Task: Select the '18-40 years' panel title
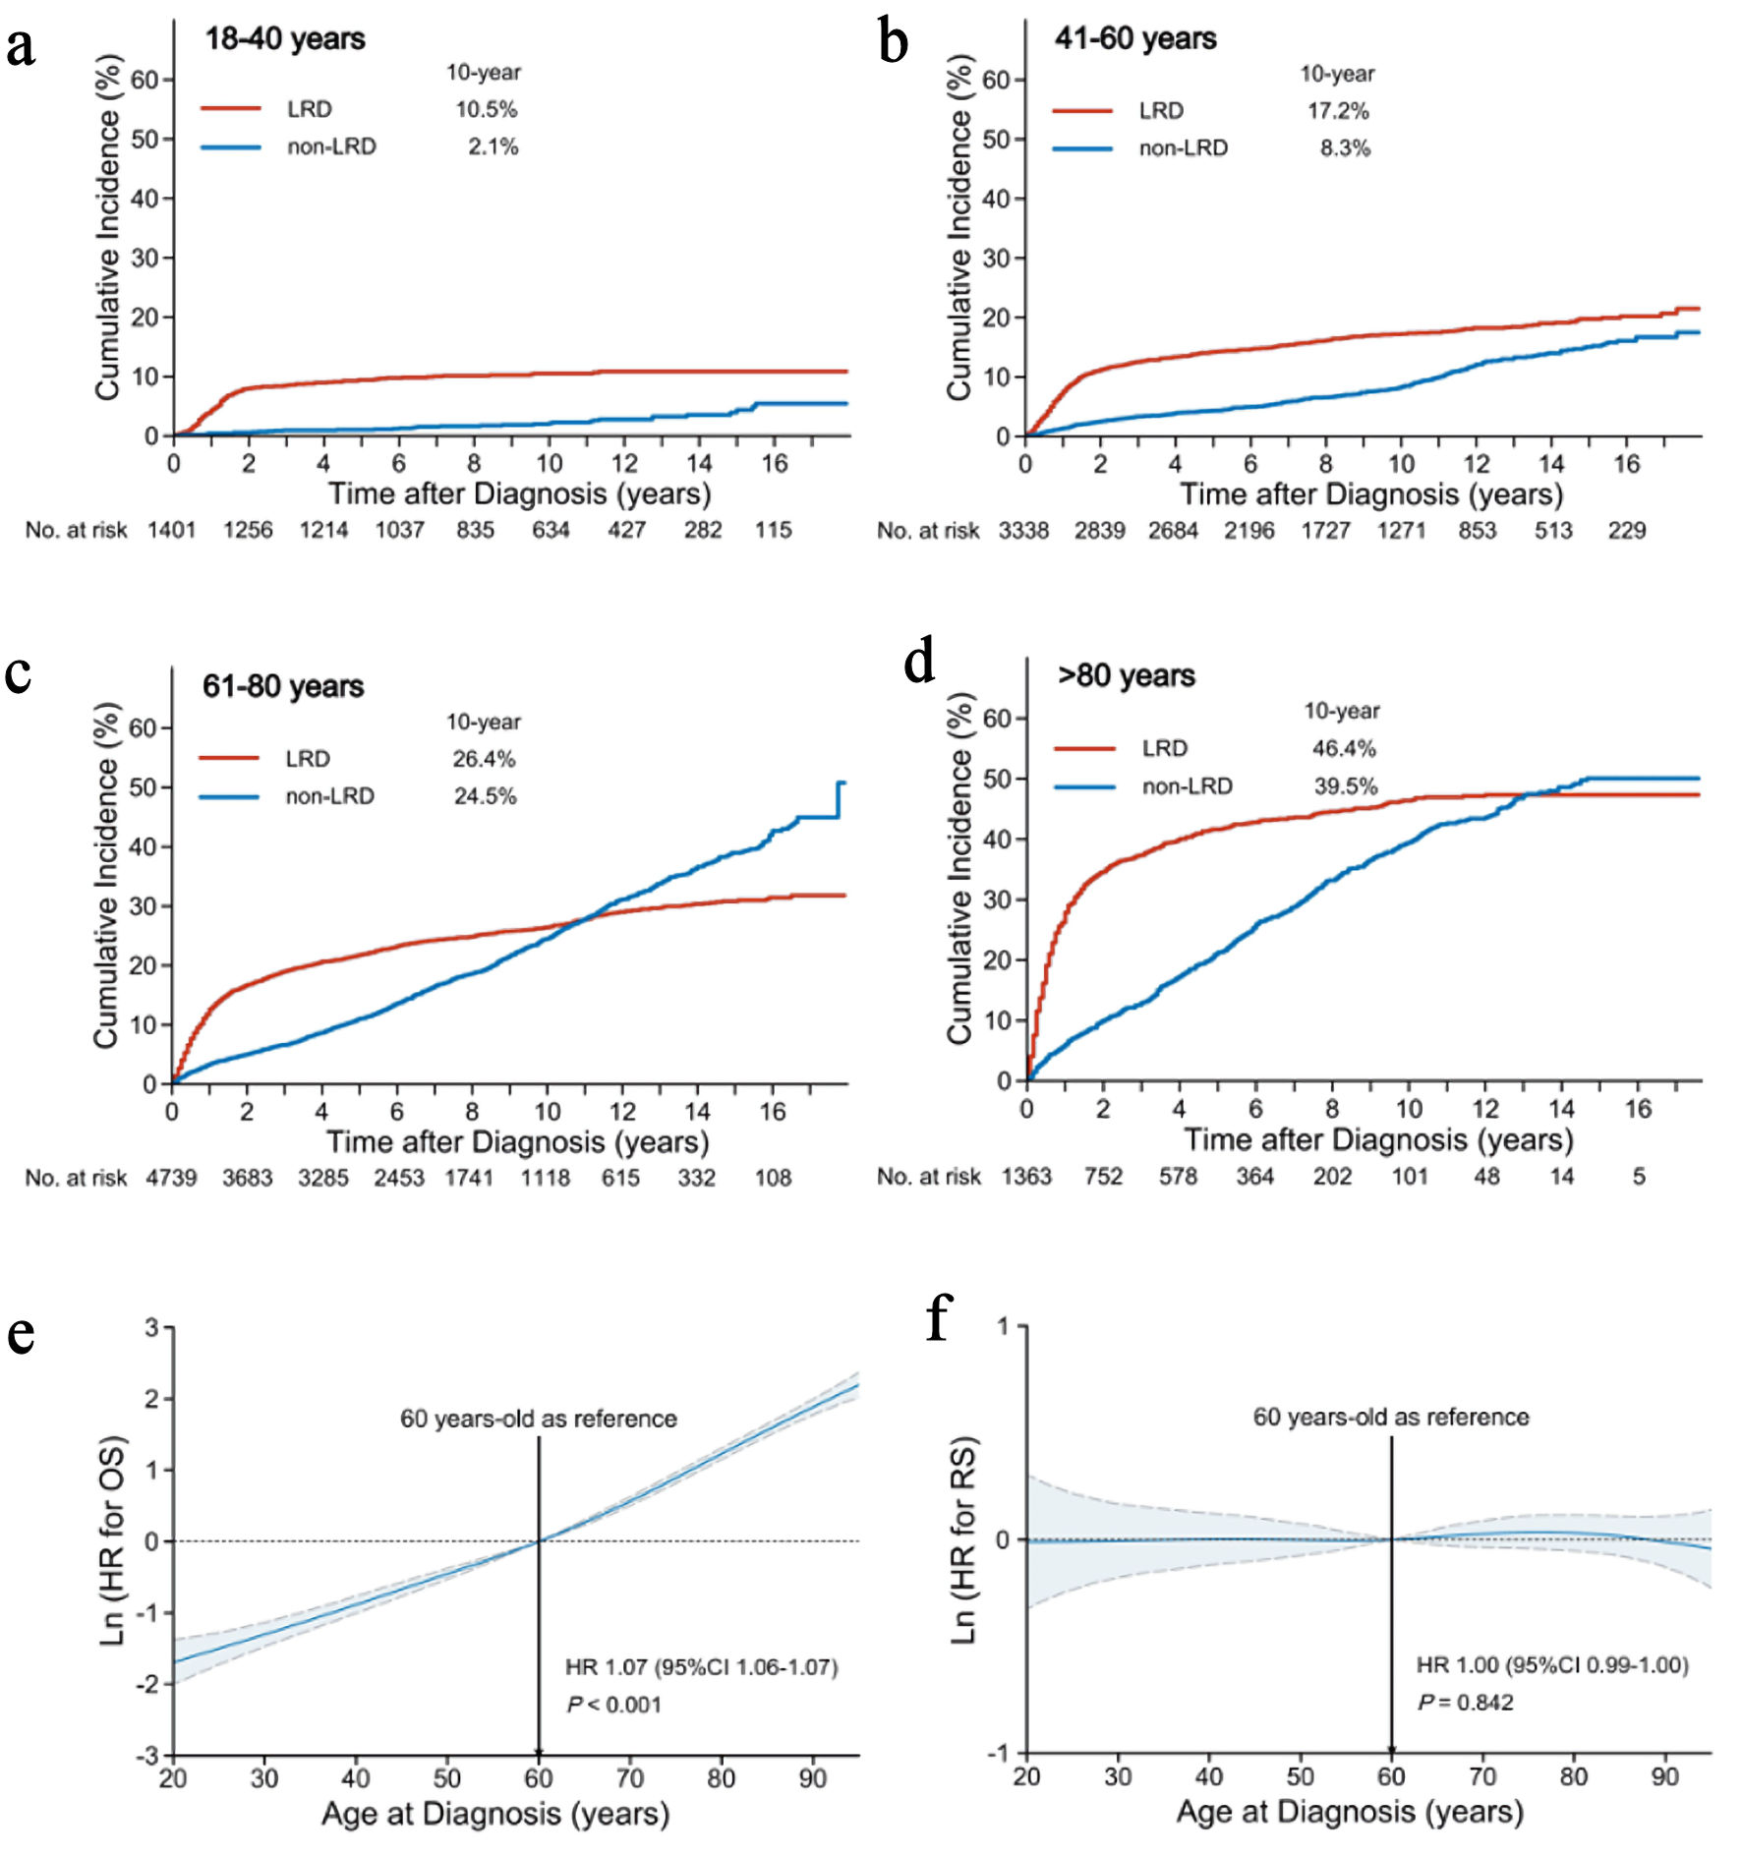pos(285,39)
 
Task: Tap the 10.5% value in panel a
pos(487,109)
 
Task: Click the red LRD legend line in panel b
pos(1082,111)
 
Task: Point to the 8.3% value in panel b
pos(1345,148)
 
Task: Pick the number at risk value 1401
pos(172,531)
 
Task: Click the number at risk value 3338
pos(1023,531)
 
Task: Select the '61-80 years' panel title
pos(283,686)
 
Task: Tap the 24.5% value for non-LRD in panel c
pos(485,796)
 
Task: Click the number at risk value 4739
pos(171,1178)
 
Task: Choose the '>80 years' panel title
pos(1127,676)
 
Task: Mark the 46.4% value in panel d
pos(1344,749)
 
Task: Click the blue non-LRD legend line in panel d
pos(1085,786)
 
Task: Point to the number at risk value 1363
pos(1026,1177)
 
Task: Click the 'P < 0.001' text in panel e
pos(614,1705)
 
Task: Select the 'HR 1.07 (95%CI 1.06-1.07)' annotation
pos(701,1667)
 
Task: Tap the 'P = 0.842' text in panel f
pos(1466,1703)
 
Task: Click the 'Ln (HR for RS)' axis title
pos(964,1539)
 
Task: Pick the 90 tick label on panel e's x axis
pos(813,1778)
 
